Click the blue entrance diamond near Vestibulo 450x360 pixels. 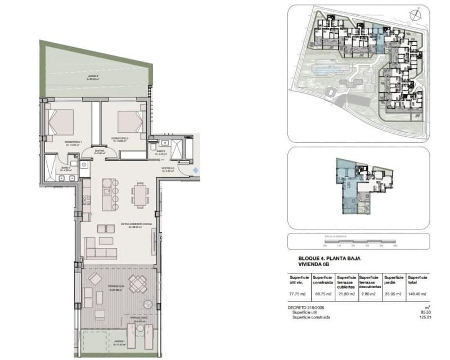click(x=195, y=169)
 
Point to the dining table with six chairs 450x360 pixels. click(x=140, y=196)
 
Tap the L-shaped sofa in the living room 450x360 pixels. click(x=100, y=247)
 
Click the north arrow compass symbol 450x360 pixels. click(x=416, y=15)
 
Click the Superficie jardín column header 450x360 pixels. click(x=394, y=280)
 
